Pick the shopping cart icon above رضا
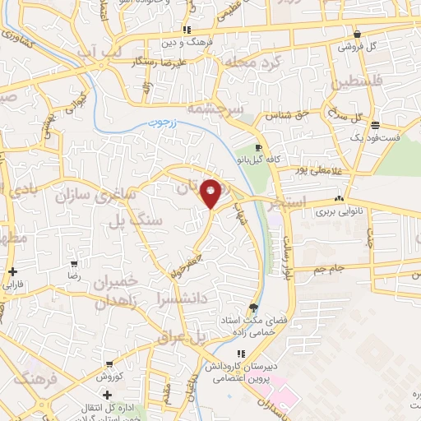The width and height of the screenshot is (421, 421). click(x=74, y=264)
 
